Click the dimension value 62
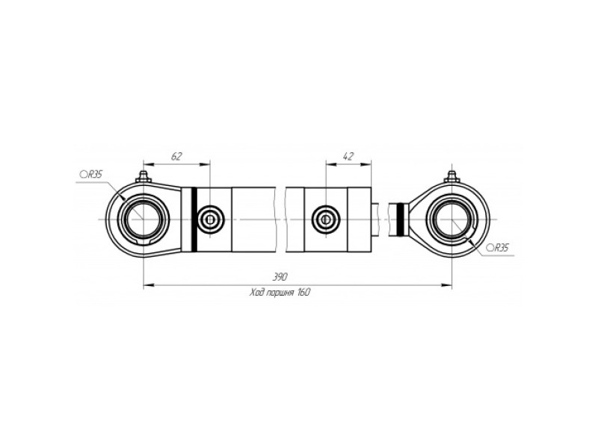(176, 156)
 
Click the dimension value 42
(348, 156)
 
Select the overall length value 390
(280, 277)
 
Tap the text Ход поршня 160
(280, 293)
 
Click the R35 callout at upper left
(91, 175)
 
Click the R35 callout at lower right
(498, 249)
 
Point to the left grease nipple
(144, 177)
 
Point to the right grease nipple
(452, 177)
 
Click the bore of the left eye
(144, 220)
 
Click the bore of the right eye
(452, 220)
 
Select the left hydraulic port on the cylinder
(210, 219)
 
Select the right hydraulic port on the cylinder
(326, 219)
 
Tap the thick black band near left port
(194, 220)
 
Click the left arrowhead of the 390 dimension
(149, 284)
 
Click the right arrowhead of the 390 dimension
(446, 284)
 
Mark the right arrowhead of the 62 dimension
(205, 164)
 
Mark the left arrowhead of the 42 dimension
(331, 164)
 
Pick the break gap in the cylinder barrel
(281, 220)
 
